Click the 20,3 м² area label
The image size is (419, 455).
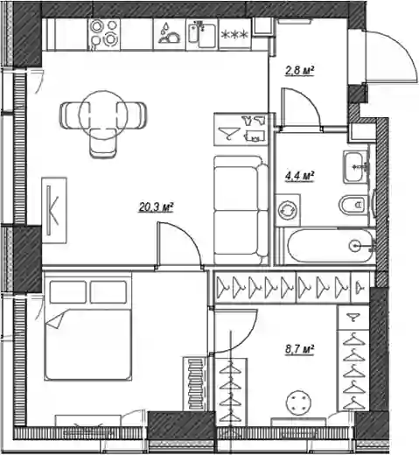click(156, 207)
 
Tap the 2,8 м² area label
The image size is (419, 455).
click(299, 71)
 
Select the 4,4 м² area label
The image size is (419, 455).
click(299, 176)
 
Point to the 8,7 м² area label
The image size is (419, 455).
click(299, 349)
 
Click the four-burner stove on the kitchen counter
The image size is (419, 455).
click(104, 34)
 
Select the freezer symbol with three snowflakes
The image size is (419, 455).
click(234, 34)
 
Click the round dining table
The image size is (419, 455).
click(102, 115)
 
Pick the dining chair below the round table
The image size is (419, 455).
click(102, 143)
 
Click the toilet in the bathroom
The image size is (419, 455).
click(353, 205)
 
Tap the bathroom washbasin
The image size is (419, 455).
click(355, 167)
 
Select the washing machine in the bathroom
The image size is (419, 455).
click(288, 210)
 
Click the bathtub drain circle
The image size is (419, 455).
click(355, 246)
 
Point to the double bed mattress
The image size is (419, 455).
click(87, 345)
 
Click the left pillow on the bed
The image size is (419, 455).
click(68, 292)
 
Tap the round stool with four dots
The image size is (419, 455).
click(298, 403)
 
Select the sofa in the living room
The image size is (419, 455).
click(241, 210)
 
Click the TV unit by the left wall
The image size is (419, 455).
click(54, 210)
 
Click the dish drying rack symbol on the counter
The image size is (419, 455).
click(169, 34)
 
